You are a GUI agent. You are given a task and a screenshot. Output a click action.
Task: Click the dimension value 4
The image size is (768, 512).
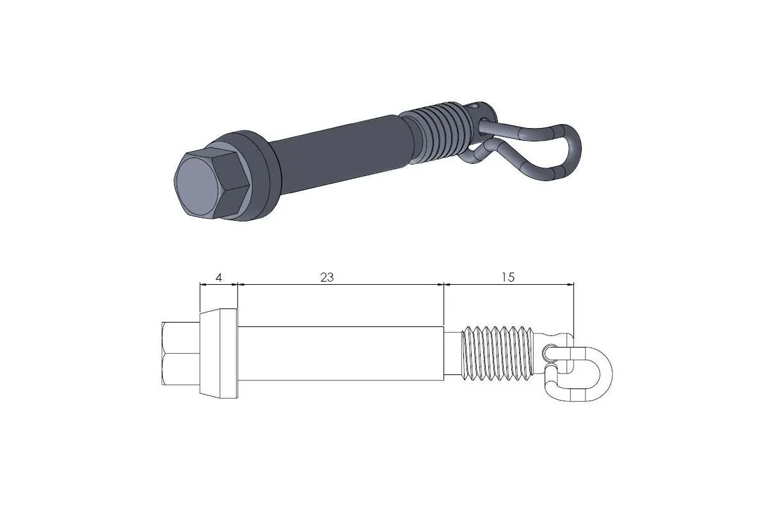click(219, 277)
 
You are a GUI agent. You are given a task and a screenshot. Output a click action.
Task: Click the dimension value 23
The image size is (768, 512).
click(326, 277)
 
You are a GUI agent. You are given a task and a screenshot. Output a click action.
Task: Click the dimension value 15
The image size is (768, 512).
click(508, 277)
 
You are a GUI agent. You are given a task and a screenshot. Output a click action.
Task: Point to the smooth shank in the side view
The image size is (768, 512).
click(340, 353)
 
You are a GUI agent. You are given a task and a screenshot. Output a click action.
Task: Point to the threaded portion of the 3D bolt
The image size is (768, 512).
click(438, 131)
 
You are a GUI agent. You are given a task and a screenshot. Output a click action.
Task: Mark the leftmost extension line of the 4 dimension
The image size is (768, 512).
click(200, 297)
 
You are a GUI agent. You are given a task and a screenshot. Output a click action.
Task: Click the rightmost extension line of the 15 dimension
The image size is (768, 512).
click(573, 307)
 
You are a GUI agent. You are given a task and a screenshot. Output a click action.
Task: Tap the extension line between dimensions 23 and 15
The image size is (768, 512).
click(444, 304)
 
